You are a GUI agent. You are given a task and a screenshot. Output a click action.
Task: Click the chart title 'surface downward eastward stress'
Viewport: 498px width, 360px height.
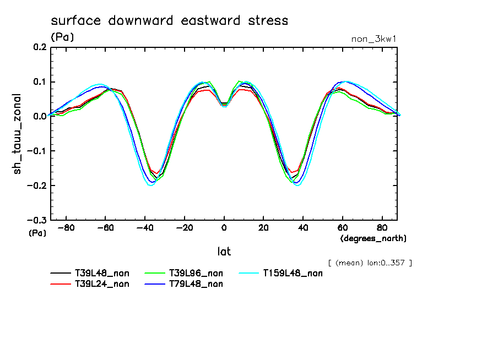tap(169, 21)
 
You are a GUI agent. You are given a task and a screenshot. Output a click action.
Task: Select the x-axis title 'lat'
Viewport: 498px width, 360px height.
tap(224, 252)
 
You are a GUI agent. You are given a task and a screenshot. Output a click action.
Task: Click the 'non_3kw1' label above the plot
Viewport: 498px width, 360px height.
tap(374, 39)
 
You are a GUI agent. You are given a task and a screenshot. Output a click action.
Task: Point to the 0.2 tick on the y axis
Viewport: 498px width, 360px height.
tap(38, 48)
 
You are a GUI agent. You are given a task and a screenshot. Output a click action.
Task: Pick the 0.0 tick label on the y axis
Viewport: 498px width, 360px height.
tap(38, 117)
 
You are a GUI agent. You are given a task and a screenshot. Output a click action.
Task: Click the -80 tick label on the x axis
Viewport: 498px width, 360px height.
tap(66, 227)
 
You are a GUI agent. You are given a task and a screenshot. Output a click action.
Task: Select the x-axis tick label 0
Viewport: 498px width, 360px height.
tap(224, 227)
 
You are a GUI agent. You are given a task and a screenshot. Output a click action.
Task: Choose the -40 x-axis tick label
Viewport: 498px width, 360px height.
tap(144, 227)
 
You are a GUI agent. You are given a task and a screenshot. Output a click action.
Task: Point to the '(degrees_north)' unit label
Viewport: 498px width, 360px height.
tap(373, 238)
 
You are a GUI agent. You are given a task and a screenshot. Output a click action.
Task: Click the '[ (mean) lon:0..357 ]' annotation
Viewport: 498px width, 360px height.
tap(369, 263)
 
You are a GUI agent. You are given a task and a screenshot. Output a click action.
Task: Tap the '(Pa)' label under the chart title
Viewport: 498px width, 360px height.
tap(62, 37)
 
